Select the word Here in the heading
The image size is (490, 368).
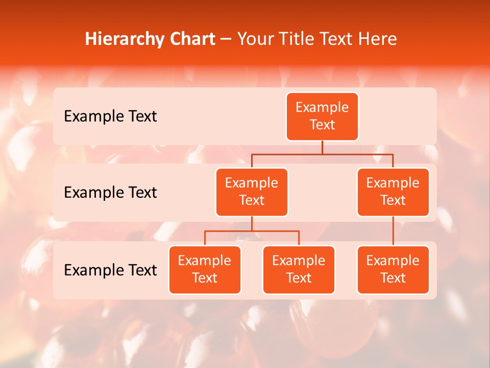tap(378, 39)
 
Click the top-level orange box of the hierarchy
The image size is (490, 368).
tap(322, 117)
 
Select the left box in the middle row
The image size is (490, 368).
tap(252, 192)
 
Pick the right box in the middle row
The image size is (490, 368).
tap(393, 192)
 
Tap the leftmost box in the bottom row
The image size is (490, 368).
tap(205, 270)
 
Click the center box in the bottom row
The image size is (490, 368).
tap(299, 270)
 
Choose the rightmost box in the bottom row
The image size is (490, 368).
tap(393, 270)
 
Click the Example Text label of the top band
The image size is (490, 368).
tap(110, 117)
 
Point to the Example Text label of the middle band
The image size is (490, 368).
tap(110, 193)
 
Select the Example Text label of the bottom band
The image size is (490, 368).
tap(110, 270)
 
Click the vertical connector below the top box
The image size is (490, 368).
tap(322, 147)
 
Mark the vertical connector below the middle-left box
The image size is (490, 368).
tap(252, 223)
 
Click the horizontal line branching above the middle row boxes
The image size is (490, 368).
tap(357, 154)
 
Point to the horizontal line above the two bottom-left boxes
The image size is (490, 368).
tap(276, 231)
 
